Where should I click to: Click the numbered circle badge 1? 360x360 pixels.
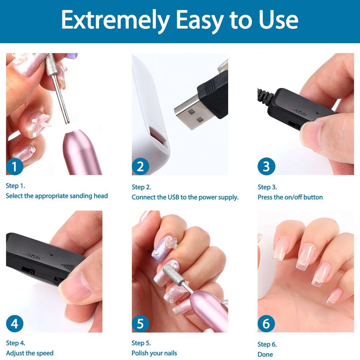point(15,166)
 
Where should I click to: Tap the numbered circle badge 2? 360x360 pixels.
point(140,166)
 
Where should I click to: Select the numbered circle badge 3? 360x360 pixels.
point(266,166)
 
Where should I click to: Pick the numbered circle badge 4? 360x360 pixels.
point(15,324)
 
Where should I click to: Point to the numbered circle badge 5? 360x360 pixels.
point(140,324)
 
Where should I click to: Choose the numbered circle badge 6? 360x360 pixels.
point(266,324)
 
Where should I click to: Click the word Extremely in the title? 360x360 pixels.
point(115,21)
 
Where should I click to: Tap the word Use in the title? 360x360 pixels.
point(279,20)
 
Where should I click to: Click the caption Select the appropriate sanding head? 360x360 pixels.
point(57,196)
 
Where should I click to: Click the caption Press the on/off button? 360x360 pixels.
point(290,197)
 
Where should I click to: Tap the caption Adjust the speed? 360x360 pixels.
point(30,353)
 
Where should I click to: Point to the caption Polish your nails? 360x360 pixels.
point(154,353)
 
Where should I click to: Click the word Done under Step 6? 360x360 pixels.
point(265,355)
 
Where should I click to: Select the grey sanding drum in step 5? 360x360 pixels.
point(174,275)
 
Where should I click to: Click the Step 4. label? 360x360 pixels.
point(16,343)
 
